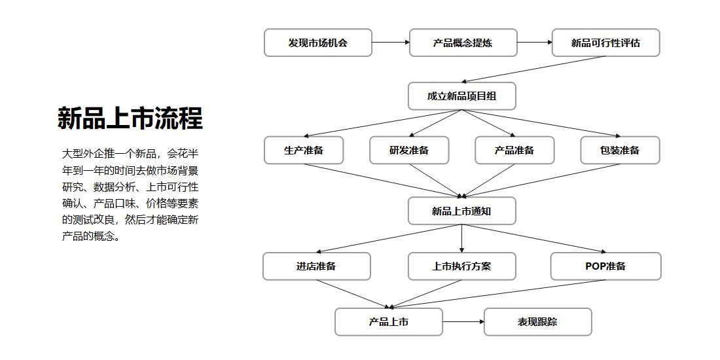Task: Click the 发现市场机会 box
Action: (317, 43)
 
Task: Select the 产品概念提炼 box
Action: (463, 43)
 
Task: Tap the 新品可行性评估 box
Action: (605, 43)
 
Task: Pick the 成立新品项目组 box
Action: (461, 96)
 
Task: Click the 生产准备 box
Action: (304, 150)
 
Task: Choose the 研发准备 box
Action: (409, 150)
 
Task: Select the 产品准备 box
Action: (514, 150)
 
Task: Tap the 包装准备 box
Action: (620, 150)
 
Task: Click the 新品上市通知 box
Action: (461, 211)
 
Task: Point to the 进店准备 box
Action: (316, 266)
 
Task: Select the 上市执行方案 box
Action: (461, 266)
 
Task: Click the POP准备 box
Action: (605, 266)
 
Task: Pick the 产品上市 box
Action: (388, 322)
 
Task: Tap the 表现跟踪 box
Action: (537, 322)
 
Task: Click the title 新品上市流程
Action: (130, 118)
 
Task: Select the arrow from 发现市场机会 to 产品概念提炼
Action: (391, 43)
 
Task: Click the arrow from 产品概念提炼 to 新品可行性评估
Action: (535, 43)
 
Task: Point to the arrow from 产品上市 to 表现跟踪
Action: (463, 322)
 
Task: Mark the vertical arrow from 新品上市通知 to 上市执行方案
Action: (461, 238)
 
